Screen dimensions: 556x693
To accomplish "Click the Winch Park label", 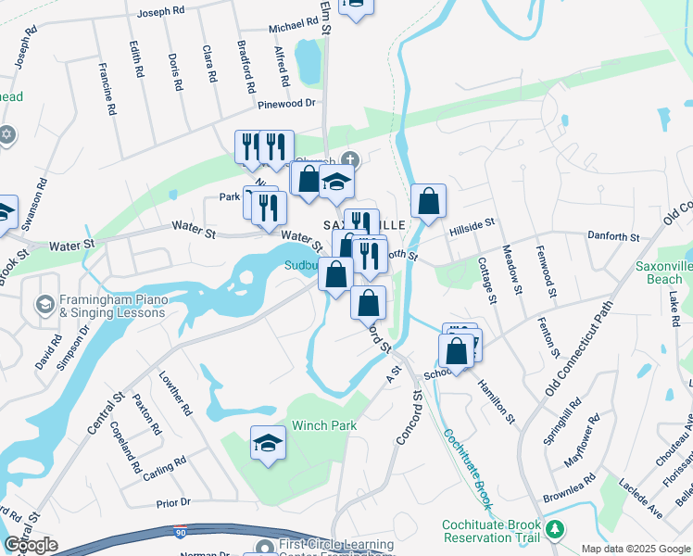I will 324,425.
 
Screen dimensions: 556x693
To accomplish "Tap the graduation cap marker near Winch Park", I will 268,444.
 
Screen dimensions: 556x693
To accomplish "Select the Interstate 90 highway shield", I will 179,531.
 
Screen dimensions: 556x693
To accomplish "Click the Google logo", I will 31,545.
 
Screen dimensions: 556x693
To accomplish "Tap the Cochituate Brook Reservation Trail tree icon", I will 555,529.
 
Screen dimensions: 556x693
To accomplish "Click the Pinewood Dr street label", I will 287,104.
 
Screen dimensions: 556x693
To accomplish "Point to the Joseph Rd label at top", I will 162,14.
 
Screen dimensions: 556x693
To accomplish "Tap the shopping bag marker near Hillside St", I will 428,201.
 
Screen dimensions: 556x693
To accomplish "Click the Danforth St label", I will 613,237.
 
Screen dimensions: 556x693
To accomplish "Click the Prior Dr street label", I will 173,502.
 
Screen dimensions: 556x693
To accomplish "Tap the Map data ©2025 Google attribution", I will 635,548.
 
